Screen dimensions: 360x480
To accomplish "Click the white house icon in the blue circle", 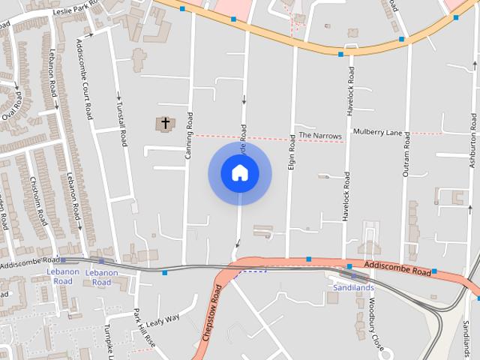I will click(x=240, y=173).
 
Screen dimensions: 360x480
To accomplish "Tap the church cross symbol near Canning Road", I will click(x=165, y=122).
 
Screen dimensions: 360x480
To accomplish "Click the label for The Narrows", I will click(x=320, y=136).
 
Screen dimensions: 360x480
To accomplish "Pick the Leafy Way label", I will click(x=163, y=322).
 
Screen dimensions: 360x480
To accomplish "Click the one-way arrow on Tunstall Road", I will click(x=118, y=96).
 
